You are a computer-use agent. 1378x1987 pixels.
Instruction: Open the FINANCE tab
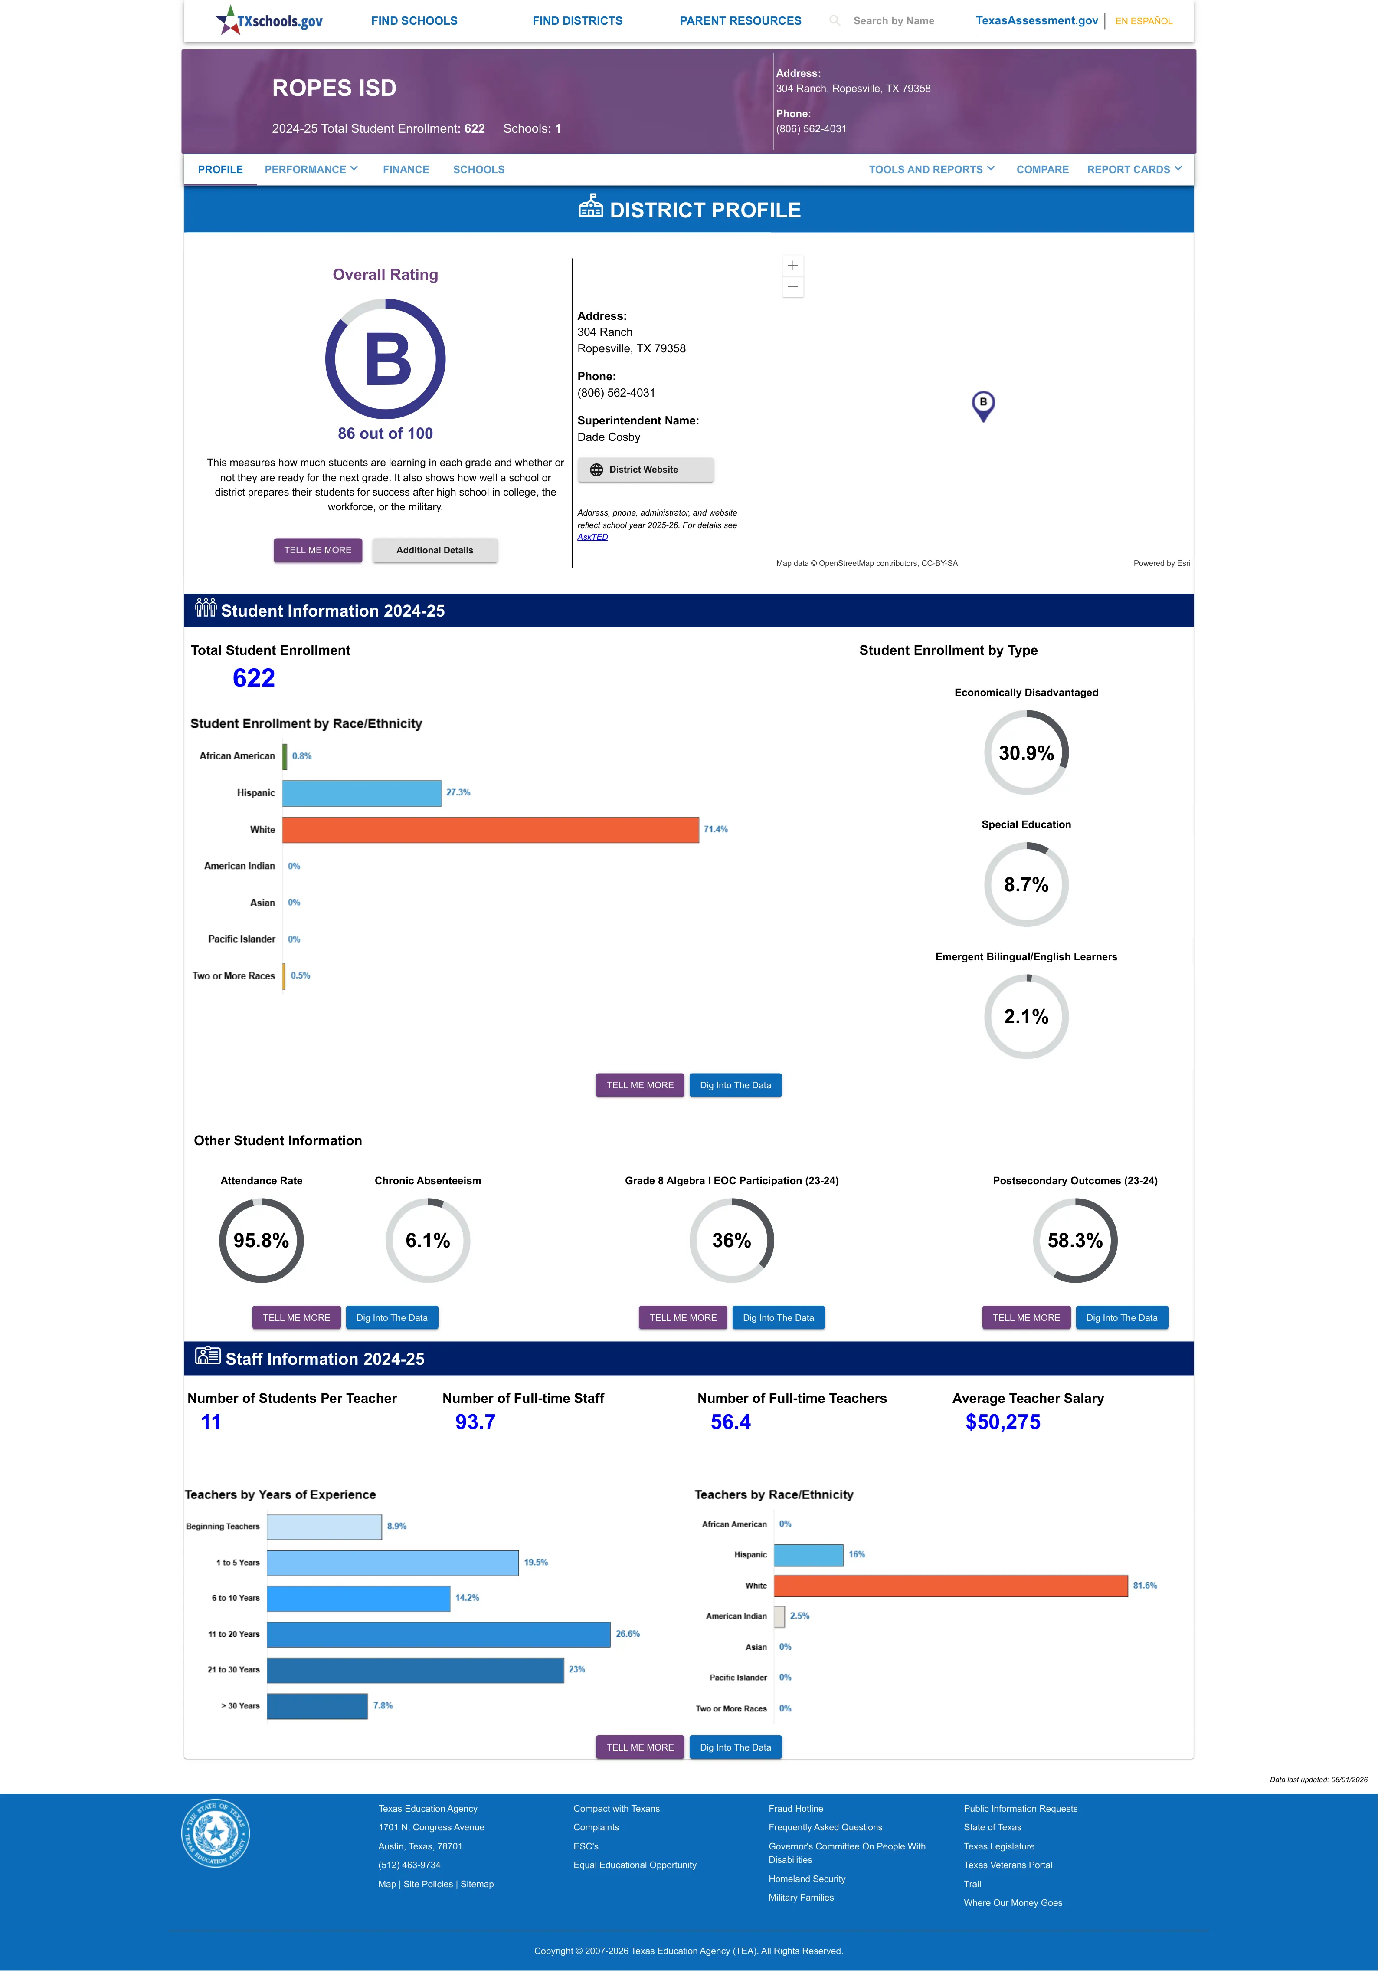[x=406, y=169]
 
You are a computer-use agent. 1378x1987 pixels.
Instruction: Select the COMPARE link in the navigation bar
[x=1042, y=169]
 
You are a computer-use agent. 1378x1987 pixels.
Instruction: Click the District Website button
[x=645, y=470]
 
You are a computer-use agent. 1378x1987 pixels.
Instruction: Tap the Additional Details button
[x=434, y=550]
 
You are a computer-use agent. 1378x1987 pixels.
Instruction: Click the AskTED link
[x=592, y=537]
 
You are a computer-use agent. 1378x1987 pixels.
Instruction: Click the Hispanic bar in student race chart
[x=362, y=793]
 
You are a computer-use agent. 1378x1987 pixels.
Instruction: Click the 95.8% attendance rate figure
[x=262, y=1241]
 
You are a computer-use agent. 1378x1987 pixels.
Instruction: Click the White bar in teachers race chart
[x=951, y=1586]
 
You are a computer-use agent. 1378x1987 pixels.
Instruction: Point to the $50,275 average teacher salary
[x=1002, y=1422]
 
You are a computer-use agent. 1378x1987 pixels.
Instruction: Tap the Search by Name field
[x=900, y=21]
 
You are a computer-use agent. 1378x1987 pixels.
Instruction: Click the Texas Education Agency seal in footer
[x=216, y=1833]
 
